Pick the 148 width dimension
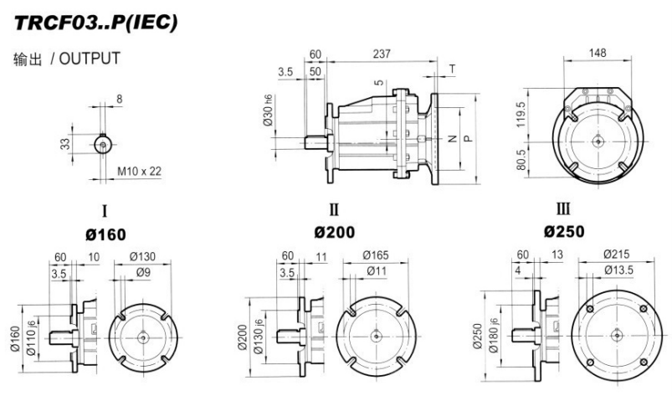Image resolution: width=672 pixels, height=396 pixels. pyautogui.click(x=596, y=54)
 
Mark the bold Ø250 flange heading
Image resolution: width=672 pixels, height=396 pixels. pyautogui.click(x=567, y=231)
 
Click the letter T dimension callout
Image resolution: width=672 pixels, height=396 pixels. pyautogui.click(x=453, y=69)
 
